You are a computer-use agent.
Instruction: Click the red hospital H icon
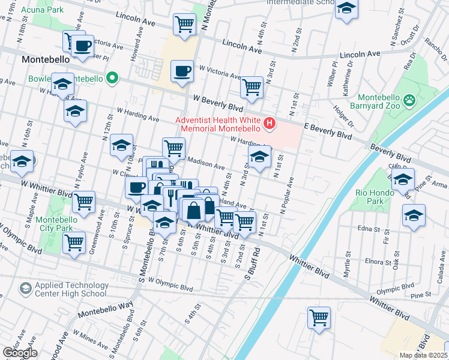pyautogui.click(x=270, y=124)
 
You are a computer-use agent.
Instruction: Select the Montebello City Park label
pyautogui.click(x=54, y=224)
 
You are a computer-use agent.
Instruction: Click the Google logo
pyautogui.click(x=19, y=352)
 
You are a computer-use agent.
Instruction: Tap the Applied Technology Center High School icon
pyautogui.click(x=26, y=289)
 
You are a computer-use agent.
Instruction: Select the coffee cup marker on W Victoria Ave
pyautogui.click(x=181, y=71)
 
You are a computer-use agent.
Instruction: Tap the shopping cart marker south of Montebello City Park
pyautogui.click(x=74, y=243)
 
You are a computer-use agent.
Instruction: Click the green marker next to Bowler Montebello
pyautogui.click(x=112, y=78)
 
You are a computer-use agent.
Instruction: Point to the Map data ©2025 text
pyautogui.click(x=424, y=355)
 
